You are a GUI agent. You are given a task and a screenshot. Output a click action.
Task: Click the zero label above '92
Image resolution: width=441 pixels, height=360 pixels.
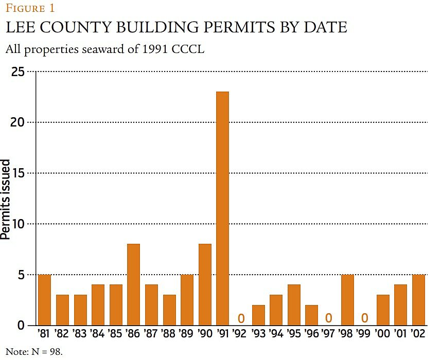tap(240, 318)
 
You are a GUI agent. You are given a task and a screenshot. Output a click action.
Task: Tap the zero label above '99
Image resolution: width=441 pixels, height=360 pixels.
tap(365, 318)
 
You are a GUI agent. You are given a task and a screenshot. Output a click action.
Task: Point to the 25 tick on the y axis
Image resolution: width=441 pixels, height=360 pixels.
tap(17, 71)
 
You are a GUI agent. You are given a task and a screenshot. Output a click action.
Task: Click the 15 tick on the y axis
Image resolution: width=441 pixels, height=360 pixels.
tap(17, 173)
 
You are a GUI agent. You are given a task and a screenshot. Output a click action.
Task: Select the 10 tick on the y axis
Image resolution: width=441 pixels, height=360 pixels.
tap(17, 224)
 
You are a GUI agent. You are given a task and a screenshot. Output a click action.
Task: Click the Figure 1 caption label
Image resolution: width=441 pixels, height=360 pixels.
tap(30, 8)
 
